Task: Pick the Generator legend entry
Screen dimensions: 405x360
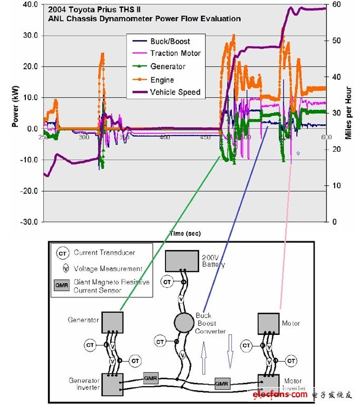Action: click(x=168, y=66)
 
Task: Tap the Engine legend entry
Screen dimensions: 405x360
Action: click(x=162, y=80)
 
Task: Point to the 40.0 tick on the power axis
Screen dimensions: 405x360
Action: click(x=27, y=5)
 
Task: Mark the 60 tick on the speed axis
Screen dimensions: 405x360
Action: click(x=335, y=5)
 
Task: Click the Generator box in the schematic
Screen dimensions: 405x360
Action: click(x=112, y=321)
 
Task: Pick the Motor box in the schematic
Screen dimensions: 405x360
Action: click(x=268, y=322)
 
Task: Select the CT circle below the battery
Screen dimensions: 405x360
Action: click(x=168, y=282)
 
